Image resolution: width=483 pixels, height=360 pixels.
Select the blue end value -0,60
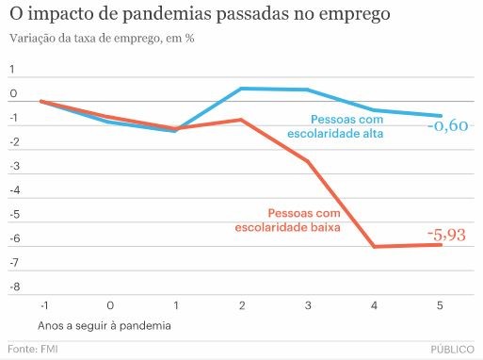click(446, 126)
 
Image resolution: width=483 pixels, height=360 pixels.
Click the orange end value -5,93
click(446, 235)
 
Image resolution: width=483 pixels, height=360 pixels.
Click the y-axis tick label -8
click(13, 286)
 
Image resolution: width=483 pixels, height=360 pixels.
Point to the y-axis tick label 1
click(13, 70)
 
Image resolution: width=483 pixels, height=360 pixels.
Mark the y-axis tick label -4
click(13, 190)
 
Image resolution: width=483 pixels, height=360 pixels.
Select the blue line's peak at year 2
click(241, 89)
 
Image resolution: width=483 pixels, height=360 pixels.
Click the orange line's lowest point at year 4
click(374, 247)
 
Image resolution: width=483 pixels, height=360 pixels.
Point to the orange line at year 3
click(308, 161)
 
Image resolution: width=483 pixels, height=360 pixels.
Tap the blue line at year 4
click(374, 110)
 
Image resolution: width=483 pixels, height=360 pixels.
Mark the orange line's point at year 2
click(241, 120)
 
